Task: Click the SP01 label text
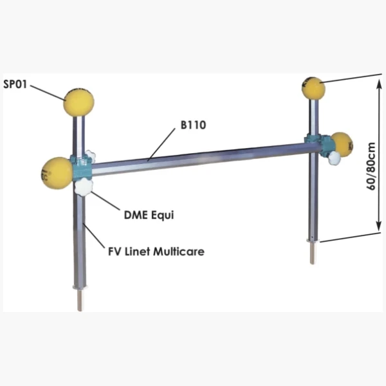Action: tap(15, 85)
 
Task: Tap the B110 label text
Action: tap(192, 126)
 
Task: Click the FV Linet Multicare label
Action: tap(156, 251)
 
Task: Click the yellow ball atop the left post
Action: tap(78, 102)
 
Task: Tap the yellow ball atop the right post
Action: tap(314, 88)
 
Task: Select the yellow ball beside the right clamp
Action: tap(341, 144)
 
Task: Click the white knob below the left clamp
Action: tap(84, 187)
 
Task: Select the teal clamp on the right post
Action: tap(316, 142)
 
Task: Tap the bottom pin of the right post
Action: tap(313, 253)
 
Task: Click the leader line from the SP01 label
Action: tap(48, 91)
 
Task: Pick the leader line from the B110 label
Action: tap(162, 143)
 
